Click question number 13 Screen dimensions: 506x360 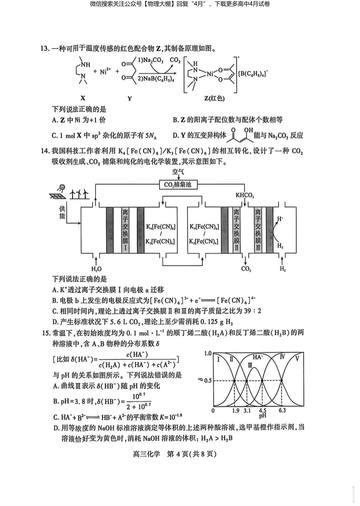(45, 49)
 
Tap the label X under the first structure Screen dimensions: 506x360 (83, 98)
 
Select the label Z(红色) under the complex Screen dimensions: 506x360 (214, 98)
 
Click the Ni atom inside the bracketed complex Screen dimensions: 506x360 (210, 74)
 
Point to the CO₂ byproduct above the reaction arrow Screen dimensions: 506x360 (175, 60)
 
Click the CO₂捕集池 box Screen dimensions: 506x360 (178, 184)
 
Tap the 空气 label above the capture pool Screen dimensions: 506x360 (178, 172)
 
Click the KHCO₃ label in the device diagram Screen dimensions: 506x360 (245, 195)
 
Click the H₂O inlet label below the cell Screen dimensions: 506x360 (96, 269)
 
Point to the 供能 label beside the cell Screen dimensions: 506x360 (62, 212)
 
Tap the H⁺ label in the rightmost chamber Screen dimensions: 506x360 (280, 219)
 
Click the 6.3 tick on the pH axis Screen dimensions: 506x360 (282, 410)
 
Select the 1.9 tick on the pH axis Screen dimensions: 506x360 (235, 410)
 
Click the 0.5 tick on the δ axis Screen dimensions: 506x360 (208, 381)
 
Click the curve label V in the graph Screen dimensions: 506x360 (297, 359)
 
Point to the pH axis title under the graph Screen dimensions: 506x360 (262, 416)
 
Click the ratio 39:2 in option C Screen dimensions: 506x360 (254, 311)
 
